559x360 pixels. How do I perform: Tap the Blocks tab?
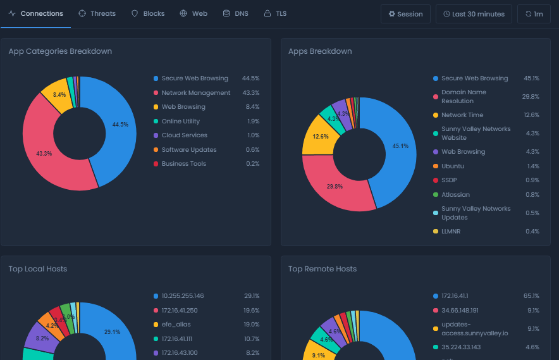tap(148, 13)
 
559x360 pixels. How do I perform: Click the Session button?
tap(405, 14)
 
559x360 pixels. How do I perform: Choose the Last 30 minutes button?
tap(474, 14)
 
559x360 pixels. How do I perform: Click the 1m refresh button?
tap(534, 14)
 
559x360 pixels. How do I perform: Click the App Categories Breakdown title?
tap(60, 51)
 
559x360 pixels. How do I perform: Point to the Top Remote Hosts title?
tap(322, 269)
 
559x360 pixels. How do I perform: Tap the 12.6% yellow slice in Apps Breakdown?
tap(316, 137)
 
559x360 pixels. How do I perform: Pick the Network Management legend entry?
tap(196, 93)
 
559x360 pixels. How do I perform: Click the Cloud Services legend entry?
tap(184, 135)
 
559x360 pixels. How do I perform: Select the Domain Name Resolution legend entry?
tap(464, 97)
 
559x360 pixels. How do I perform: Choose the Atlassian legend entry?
tap(455, 195)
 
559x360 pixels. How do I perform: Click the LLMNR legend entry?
tap(451, 232)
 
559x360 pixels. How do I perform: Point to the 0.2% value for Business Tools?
tap(253, 164)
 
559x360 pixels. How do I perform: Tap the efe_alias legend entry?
tap(176, 325)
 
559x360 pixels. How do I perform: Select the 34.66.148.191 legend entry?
tap(468, 311)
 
